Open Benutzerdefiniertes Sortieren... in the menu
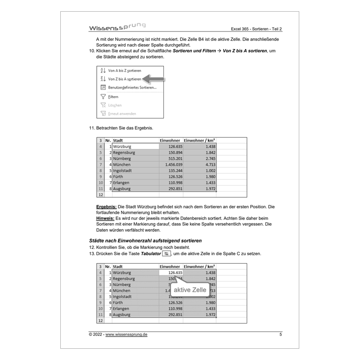click(x=132, y=87)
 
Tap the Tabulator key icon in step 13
click(x=166, y=254)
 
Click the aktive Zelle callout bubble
click(x=190, y=290)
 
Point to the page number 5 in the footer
click(x=281, y=335)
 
